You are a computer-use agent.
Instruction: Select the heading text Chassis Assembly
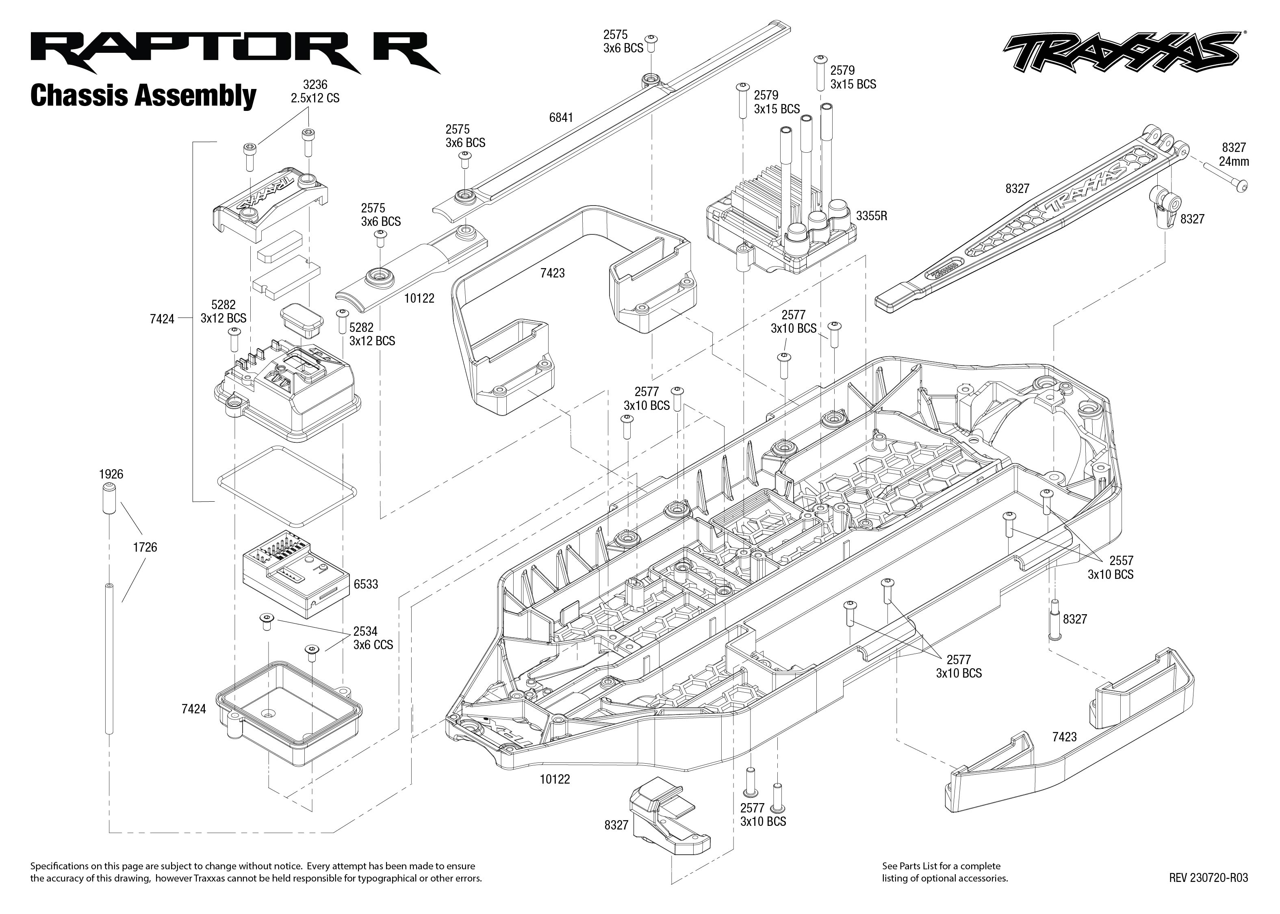143,96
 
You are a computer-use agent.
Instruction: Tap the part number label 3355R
871,216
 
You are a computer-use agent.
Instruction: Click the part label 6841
561,118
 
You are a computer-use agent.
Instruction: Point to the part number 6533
366,584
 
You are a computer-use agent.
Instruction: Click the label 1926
111,474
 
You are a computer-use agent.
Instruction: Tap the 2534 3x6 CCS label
373,638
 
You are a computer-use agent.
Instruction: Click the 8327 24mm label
1234,154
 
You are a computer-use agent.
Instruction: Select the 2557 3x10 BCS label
1110,567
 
